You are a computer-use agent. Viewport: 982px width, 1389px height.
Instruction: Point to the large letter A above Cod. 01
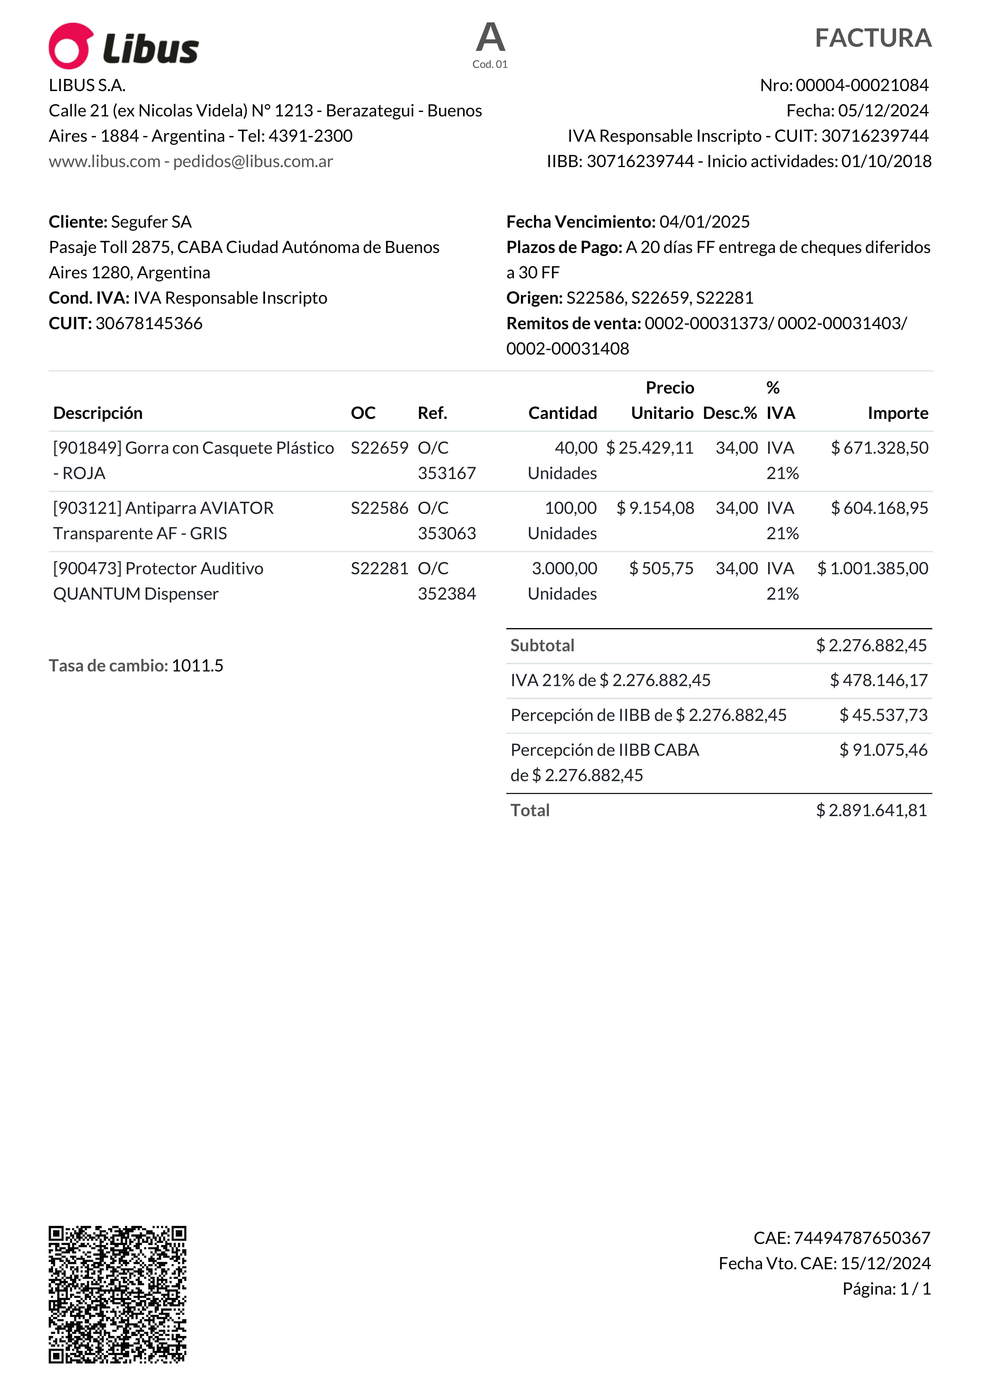tap(490, 37)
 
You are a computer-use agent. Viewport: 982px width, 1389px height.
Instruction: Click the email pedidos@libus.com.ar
tap(253, 162)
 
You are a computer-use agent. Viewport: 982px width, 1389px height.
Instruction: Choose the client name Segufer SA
tap(151, 222)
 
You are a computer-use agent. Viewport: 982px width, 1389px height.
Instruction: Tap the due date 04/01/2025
tap(704, 222)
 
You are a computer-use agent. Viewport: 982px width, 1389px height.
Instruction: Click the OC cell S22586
tap(379, 508)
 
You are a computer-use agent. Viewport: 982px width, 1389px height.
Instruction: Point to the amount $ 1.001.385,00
tap(872, 569)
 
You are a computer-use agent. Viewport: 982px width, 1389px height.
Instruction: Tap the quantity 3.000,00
tap(564, 569)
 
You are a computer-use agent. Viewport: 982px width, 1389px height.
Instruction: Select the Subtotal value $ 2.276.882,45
tap(871, 646)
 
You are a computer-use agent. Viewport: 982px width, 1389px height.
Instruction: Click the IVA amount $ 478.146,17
tap(879, 681)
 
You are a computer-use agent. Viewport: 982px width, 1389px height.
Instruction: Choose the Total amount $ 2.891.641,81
tap(871, 811)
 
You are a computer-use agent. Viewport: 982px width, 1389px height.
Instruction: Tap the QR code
tap(117, 1295)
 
